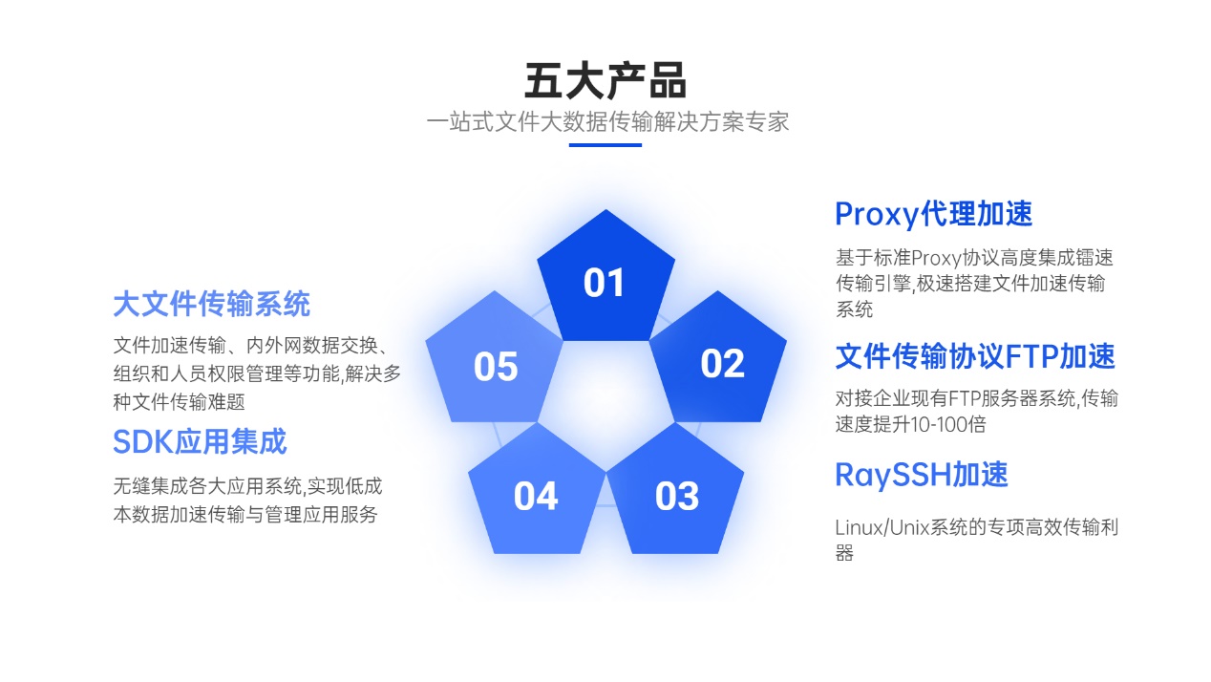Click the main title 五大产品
[x=605, y=80]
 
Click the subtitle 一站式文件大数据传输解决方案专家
[x=607, y=122]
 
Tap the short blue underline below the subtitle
[x=605, y=145]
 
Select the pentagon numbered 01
[x=605, y=282]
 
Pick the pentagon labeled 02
[x=721, y=363]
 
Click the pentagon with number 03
[x=676, y=495]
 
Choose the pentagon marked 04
[x=535, y=495]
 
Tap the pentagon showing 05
[x=495, y=366]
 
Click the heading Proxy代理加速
[x=933, y=214]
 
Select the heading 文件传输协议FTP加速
[x=974, y=356]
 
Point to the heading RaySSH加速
[x=921, y=475]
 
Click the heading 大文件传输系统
[x=211, y=304]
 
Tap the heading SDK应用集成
[x=200, y=441]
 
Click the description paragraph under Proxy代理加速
[x=973, y=283]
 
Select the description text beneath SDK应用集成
[x=246, y=501]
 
